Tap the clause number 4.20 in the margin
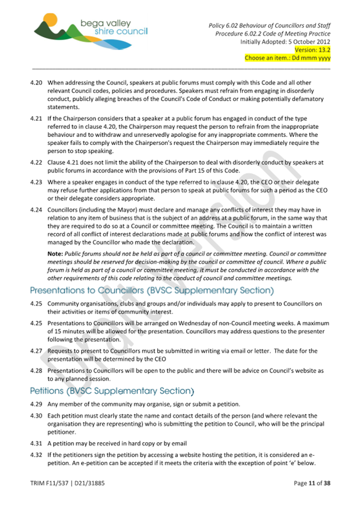click(x=36, y=83)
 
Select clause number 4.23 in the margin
click(x=36, y=182)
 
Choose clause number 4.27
click(x=36, y=351)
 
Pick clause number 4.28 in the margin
click(x=36, y=370)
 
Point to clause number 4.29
click(x=36, y=404)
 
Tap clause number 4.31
click(x=36, y=444)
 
